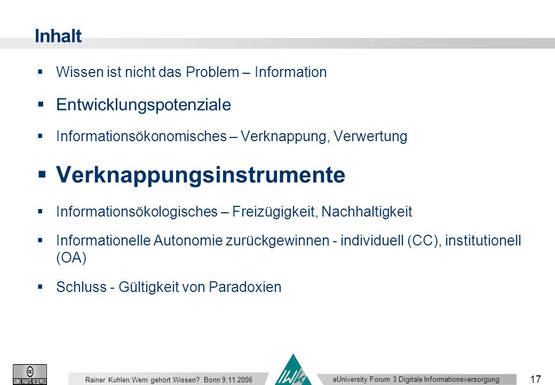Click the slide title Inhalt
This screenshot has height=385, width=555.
click(58, 36)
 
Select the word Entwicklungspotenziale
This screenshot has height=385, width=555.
click(144, 105)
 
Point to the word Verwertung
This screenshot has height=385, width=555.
click(370, 136)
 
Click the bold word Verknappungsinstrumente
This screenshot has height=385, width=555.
click(200, 175)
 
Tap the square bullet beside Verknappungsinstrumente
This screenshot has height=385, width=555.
click(42, 174)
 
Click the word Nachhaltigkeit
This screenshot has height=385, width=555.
click(367, 212)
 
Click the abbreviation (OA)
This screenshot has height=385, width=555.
click(71, 258)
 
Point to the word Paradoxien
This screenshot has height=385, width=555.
click(245, 287)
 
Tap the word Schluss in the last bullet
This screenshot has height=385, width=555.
click(82, 287)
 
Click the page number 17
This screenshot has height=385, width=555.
click(536, 379)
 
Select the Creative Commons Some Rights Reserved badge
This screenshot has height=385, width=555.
click(30, 374)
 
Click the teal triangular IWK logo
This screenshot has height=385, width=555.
click(293, 371)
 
